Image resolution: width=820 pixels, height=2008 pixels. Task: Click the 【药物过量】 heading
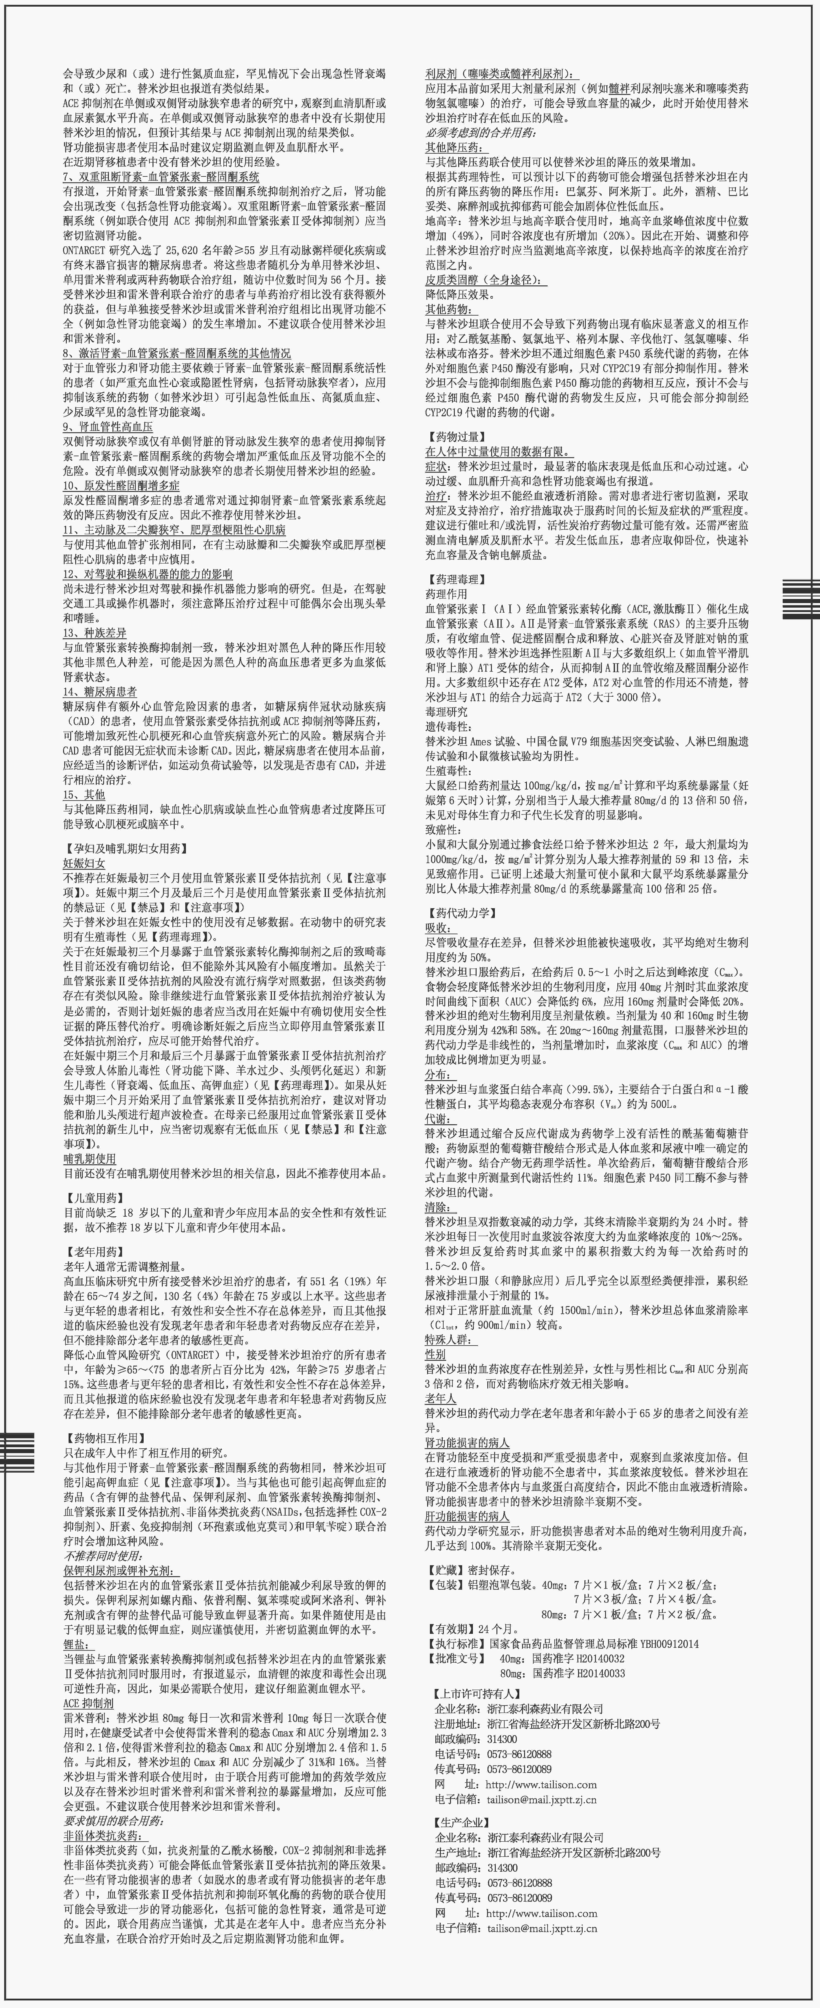pyautogui.click(x=456, y=437)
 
